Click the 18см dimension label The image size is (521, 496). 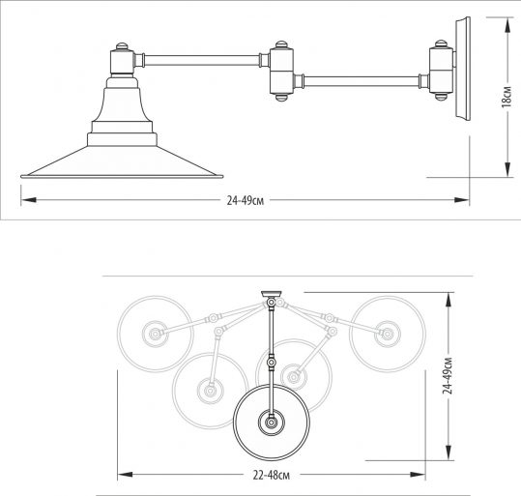pyautogui.click(x=507, y=97)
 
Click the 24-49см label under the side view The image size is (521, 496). pyautogui.click(x=246, y=201)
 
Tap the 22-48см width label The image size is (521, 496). pyautogui.click(x=271, y=476)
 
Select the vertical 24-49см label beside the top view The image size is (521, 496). pyautogui.click(x=449, y=376)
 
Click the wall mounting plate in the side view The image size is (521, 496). pyautogui.click(x=463, y=68)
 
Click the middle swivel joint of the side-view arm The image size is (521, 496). pyautogui.click(x=281, y=71)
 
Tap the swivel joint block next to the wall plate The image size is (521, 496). pyautogui.click(x=441, y=70)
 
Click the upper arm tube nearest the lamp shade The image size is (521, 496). pyautogui.click(x=202, y=60)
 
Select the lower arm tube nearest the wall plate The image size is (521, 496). pyautogui.click(x=362, y=81)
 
